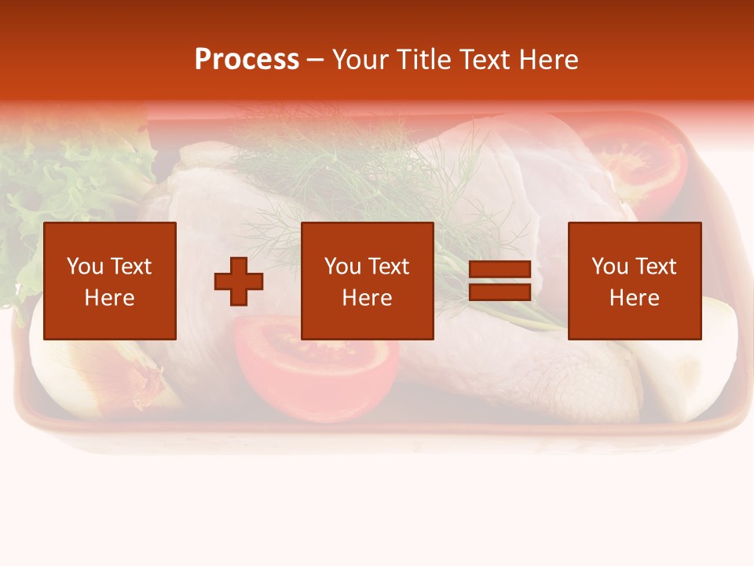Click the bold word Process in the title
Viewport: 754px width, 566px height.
coord(247,60)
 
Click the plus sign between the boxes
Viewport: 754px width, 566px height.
coord(239,281)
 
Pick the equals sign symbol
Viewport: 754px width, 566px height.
coord(500,281)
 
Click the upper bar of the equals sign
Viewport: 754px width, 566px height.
coord(500,270)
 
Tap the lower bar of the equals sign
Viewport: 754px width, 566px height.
coord(500,292)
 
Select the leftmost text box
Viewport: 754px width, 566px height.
coord(109,281)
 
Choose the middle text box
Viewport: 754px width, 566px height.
coord(367,281)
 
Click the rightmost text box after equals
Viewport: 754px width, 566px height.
coord(634,281)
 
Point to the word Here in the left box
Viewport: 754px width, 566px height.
coord(109,298)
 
